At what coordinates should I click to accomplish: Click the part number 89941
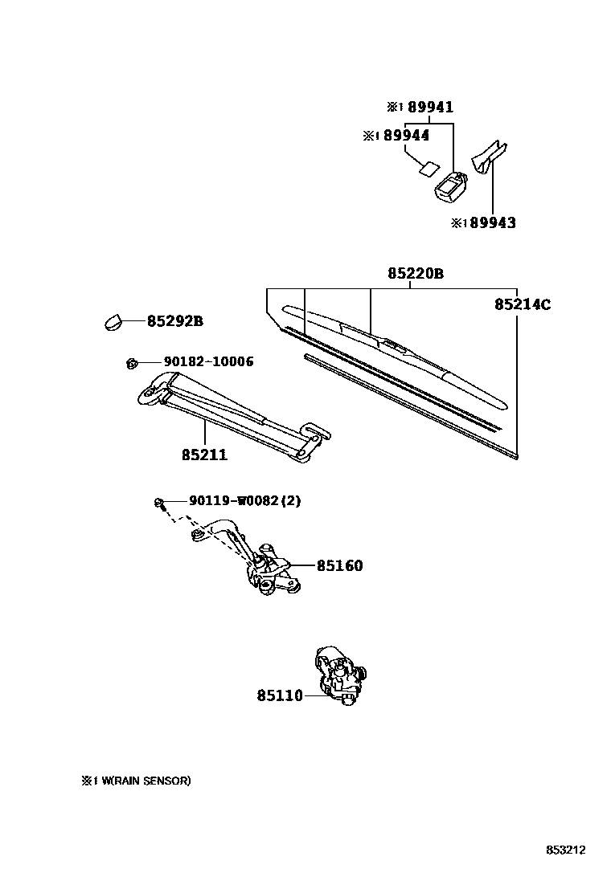pyautogui.click(x=430, y=107)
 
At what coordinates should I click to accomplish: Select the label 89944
pyautogui.click(x=406, y=136)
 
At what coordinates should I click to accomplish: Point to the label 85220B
pyautogui.click(x=415, y=274)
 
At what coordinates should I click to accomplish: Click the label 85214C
pyautogui.click(x=522, y=304)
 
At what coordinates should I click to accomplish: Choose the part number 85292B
pyautogui.click(x=174, y=321)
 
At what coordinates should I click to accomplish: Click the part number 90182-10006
pyautogui.click(x=208, y=362)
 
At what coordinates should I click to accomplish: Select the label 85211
pyautogui.click(x=204, y=455)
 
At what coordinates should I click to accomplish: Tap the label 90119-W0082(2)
pyautogui.click(x=245, y=501)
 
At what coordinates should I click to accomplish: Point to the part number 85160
pyautogui.click(x=339, y=565)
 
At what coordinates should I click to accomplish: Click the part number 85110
pyautogui.click(x=280, y=695)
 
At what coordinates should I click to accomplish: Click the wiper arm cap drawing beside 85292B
pyautogui.click(x=113, y=321)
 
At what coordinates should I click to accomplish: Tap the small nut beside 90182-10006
pyautogui.click(x=131, y=364)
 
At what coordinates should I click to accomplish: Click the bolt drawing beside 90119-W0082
pyautogui.click(x=160, y=504)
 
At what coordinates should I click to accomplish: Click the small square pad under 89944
pyautogui.click(x=428, y=169)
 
